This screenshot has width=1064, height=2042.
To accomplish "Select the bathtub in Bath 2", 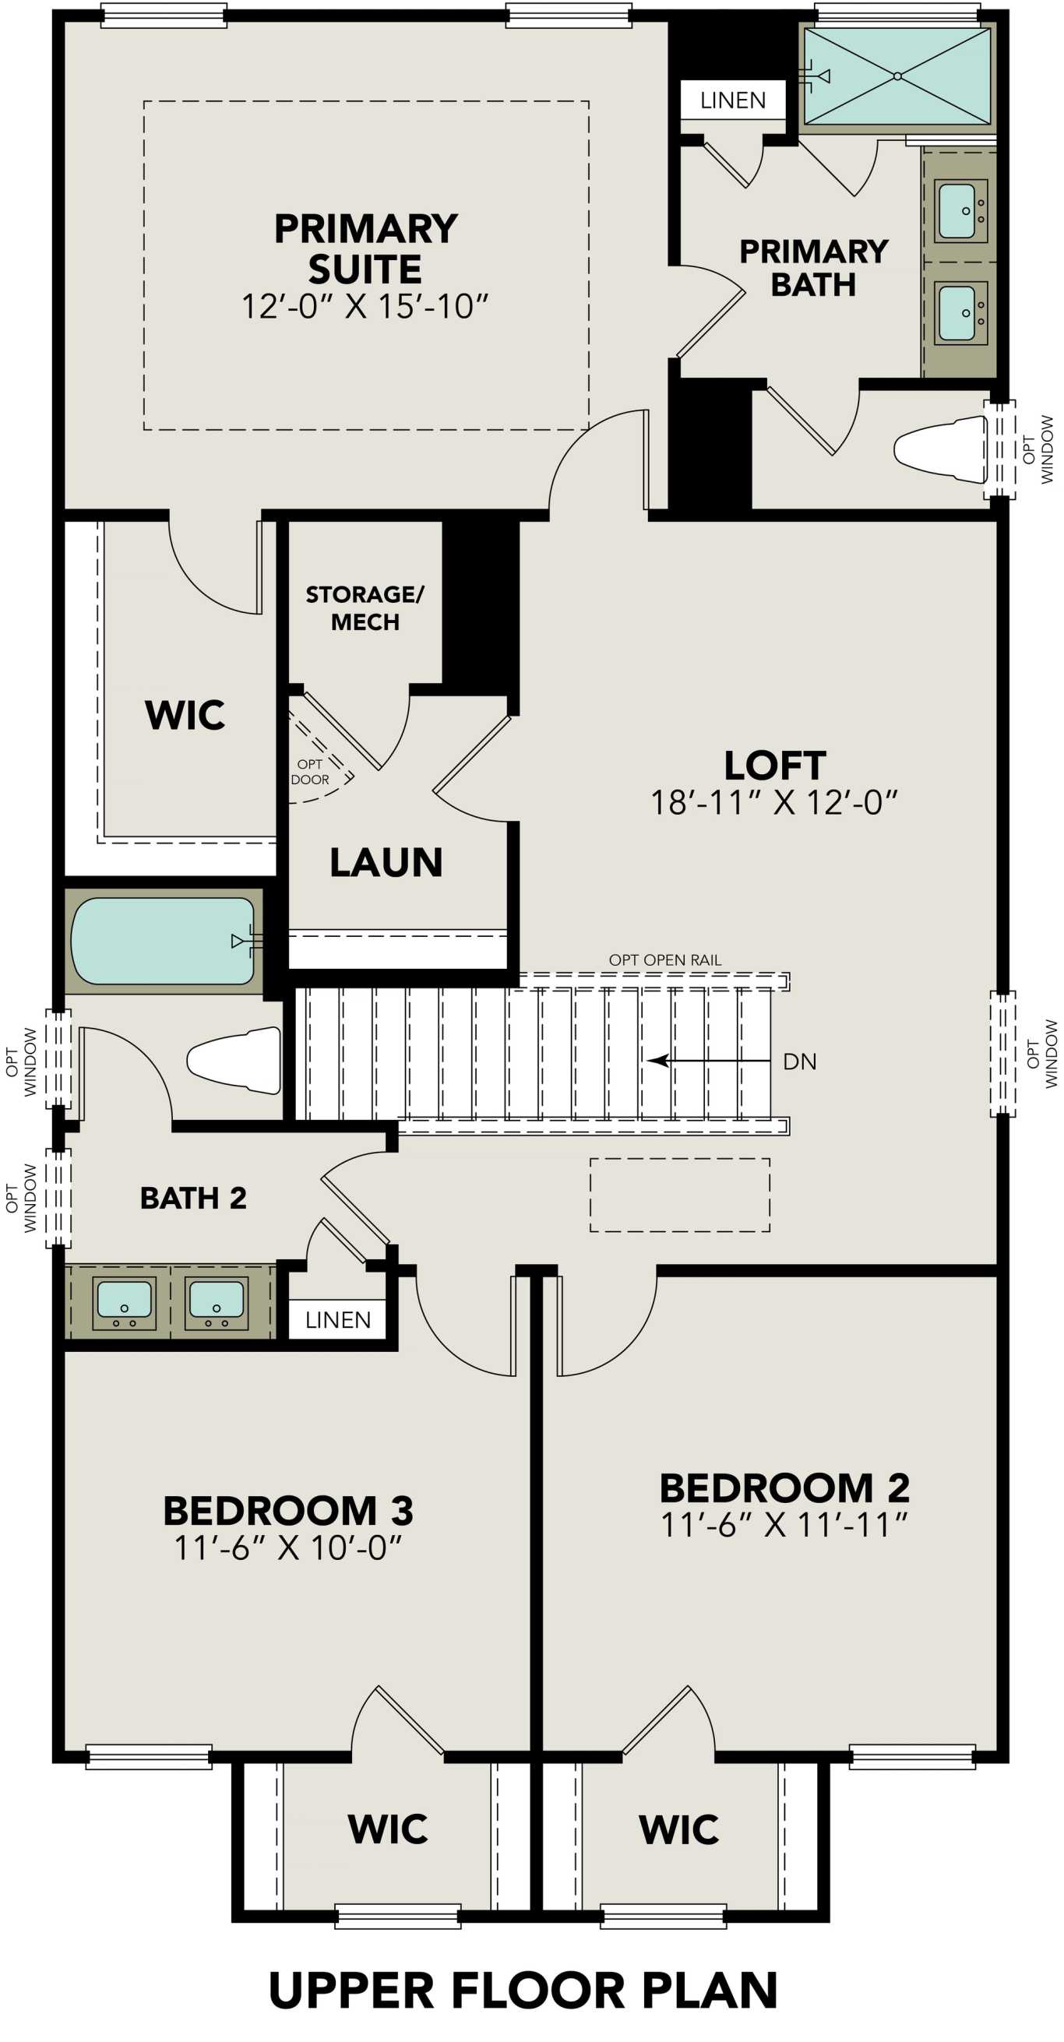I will coord(163,941).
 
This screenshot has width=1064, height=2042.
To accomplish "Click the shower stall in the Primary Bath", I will coord(897,76).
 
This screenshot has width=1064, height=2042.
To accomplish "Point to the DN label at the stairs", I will coord(799,1061).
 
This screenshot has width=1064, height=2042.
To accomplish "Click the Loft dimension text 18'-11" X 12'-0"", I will coord(773,802).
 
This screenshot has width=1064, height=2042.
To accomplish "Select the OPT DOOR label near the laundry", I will coord(310,772).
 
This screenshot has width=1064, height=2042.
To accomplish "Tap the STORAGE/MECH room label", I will coord(365,608).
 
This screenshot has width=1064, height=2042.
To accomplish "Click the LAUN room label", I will coord(386,862).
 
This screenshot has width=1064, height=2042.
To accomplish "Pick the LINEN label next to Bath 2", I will coord(338,1320).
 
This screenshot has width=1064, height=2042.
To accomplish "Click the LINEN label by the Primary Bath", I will coord(733,100).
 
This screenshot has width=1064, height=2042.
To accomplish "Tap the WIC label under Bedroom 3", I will coord(388,1829).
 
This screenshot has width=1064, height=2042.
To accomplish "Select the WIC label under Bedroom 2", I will coord(678,1829).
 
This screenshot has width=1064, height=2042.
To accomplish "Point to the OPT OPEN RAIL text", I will coord(664,960).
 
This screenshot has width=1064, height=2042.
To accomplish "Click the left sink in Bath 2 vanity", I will coord(123,1301).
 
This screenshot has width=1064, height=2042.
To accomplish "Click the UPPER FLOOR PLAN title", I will coord(523,1990).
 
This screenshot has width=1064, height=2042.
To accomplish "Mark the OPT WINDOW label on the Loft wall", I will coord(1041,1054).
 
